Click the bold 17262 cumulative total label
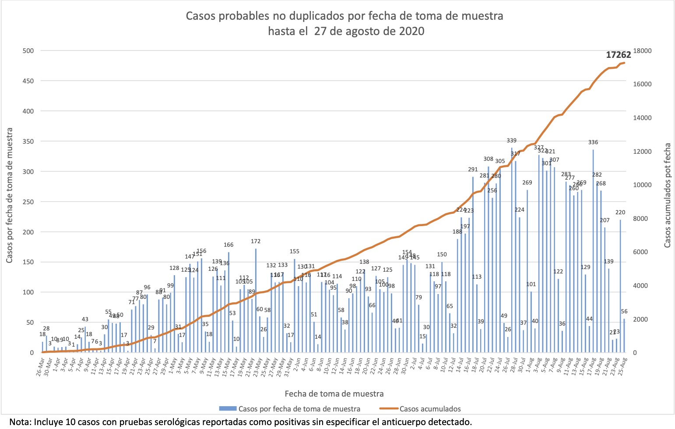point(618,55)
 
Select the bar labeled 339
point(511,250)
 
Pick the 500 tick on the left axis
point(28,51)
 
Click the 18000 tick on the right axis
point(643,51)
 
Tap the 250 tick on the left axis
point(28,202)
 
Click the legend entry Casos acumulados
point(430,409)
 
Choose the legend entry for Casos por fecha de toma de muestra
point(299,409)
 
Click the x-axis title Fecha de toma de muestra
point(334,394)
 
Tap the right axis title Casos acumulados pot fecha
point(668,195)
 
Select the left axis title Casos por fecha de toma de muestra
point(9,196)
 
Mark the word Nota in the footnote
point(18,422)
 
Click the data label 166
point(229,245)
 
